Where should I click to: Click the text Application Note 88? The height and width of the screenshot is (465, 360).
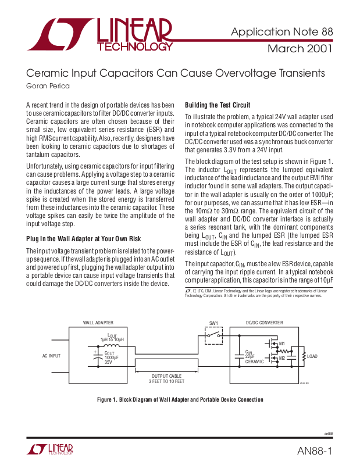(x=282, y=31)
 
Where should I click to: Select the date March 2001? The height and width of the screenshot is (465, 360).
(x=300, y=48)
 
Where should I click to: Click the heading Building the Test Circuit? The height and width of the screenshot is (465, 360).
(x=218, y=105)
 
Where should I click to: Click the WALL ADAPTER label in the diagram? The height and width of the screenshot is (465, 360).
(x=97, y=323)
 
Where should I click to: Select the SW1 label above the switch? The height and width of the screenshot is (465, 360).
(x=213, y=323)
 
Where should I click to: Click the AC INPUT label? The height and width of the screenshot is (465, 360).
(x=51, y=356)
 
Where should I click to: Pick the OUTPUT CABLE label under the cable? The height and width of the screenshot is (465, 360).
(x=167, y=376)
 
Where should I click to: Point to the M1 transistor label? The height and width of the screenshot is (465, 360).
(x=282, y=344)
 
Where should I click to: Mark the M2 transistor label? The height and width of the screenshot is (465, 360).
(x=282, y=358)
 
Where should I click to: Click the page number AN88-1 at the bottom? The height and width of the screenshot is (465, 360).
(x=315, y=452)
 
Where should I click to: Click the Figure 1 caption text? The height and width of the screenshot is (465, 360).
(x=180, y=399)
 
